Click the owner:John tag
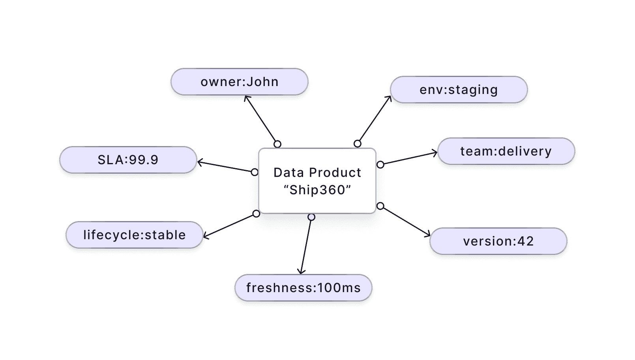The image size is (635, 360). tap(239, 82)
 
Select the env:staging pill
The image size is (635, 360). tap(459, 90)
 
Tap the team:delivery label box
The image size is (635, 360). tap(506, 151)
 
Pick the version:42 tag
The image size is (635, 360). tap(498, 241)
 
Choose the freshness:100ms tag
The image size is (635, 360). tap(303, 288)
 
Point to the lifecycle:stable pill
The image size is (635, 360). tap(134, 235)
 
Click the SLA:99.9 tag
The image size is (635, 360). tap(128, 160)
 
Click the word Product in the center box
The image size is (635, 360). tap(335, 172)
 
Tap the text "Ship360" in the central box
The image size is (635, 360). tap(317, 190)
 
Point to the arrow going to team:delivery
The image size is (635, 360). tap(409, 158)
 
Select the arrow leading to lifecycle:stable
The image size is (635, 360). tap(230, 225)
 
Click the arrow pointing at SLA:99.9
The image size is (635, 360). tap(226, 167)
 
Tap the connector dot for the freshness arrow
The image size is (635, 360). tap(311, 217)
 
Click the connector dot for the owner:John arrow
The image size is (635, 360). tap(277, 144)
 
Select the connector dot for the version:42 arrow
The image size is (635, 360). tap(380, 206)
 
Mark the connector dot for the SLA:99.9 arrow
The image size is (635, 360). tap(255, 172)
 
